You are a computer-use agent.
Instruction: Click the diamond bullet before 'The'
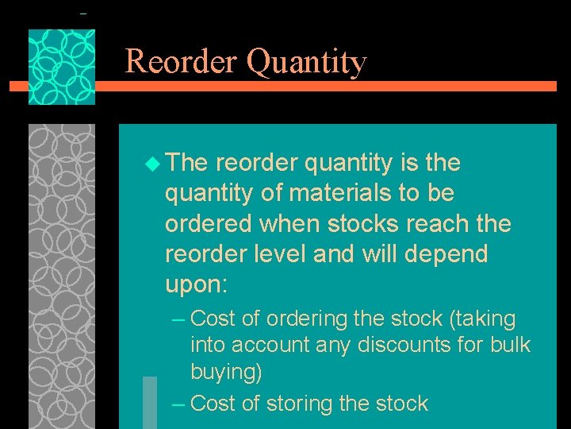[152, 164]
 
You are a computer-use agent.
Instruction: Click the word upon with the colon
[193, 285]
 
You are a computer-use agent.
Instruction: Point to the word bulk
[509, 346]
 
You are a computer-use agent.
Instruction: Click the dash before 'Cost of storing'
[178, 404]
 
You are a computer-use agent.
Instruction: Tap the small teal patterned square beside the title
[62, 67]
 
